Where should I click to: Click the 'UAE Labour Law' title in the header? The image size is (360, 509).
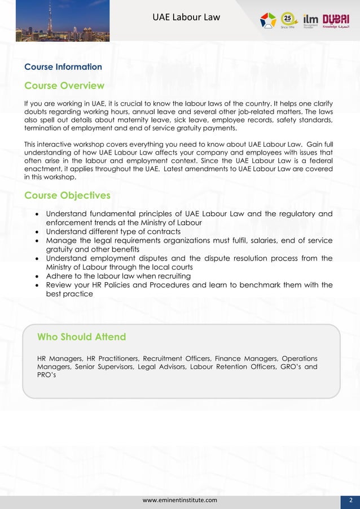(186, 18)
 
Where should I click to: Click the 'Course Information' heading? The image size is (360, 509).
(63, 67)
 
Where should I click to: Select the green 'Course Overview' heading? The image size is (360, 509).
(64, 86)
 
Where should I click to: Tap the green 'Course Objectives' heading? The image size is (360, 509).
(67, 195)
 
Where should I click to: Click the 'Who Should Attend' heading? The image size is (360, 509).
(81, 337)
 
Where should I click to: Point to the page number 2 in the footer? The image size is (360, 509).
(350, 500)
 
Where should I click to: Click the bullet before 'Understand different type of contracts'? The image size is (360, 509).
(37, 232)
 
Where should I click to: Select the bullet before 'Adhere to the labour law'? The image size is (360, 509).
(37, 276)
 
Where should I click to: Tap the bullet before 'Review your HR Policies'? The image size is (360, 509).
(37, 285)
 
